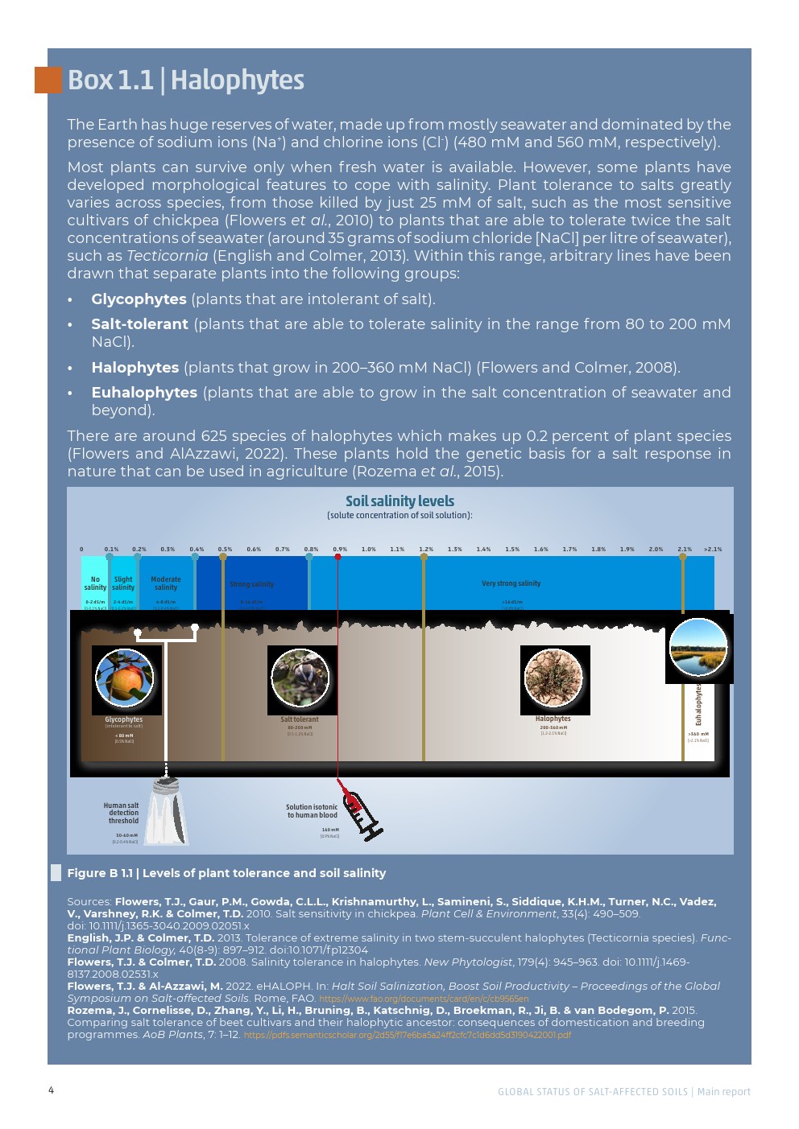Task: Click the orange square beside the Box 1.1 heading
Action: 48,80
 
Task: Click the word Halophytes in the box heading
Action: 237,80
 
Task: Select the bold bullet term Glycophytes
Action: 139,299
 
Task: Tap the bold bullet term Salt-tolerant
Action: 139,324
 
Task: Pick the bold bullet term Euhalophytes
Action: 144,393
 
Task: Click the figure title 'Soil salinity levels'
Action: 399,501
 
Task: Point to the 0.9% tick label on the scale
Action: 340,550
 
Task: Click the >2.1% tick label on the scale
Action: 713,550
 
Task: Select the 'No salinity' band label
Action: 95,583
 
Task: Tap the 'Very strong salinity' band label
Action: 511,583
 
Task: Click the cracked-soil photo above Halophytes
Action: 553,678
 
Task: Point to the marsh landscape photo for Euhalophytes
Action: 698,648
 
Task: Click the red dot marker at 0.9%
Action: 337,557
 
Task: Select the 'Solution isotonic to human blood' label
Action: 313,811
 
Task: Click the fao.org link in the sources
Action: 424,999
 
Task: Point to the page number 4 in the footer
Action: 51,1090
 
